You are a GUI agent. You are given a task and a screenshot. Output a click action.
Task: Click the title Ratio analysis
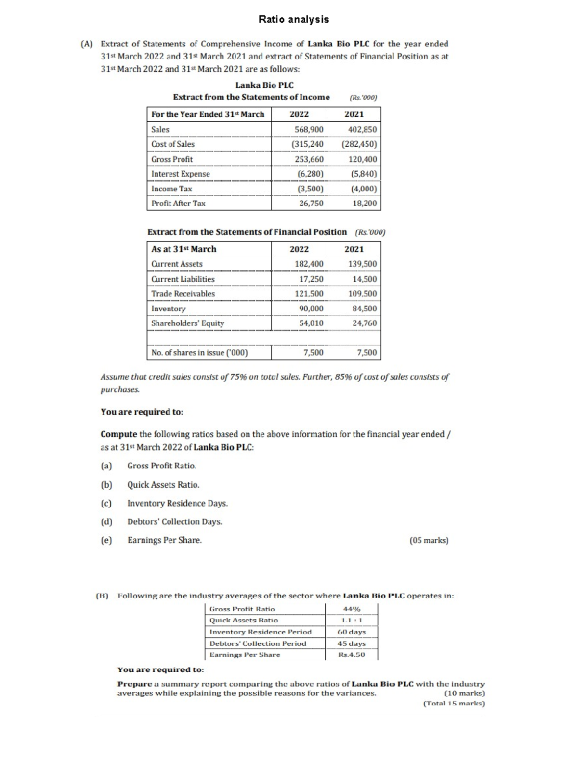294,20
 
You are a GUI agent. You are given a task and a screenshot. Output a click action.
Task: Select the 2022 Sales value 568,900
309,130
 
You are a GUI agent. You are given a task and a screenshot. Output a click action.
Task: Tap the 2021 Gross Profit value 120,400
363,159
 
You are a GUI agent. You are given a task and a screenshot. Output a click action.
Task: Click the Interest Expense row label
180,174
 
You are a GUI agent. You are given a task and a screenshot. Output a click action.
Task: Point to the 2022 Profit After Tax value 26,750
311,203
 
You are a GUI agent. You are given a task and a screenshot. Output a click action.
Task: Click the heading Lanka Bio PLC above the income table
264,85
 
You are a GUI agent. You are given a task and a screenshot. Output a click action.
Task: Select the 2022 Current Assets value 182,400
309,264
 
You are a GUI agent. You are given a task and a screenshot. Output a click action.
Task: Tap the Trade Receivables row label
183,294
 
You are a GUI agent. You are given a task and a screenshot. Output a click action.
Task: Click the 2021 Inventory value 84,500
365,309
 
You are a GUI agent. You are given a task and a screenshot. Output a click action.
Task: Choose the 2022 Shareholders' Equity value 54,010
311,323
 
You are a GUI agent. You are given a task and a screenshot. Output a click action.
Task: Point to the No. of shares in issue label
199,353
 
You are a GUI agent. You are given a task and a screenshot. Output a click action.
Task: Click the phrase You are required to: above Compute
142,412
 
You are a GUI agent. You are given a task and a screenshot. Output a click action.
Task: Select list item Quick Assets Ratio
163,485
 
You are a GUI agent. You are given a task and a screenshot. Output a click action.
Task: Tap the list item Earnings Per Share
165,540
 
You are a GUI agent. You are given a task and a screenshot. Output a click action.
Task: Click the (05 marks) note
428,541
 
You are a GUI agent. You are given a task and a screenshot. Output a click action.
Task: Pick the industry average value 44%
352,609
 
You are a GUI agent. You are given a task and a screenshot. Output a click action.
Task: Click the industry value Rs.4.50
351,655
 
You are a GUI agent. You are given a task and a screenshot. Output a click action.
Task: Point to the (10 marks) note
464,694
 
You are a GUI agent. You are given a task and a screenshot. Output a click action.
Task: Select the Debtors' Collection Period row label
258,643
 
